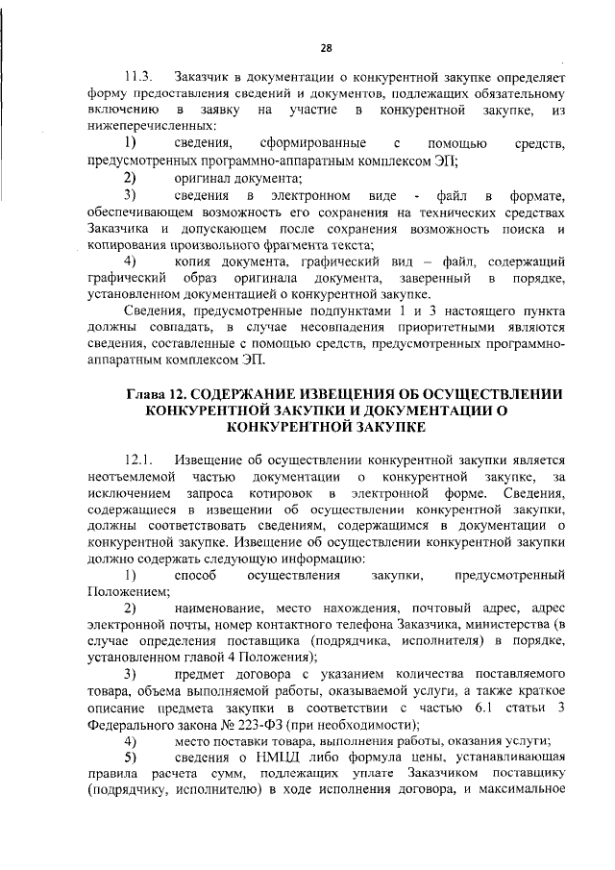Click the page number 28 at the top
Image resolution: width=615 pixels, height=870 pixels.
pos(325,48)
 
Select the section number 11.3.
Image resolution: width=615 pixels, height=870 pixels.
pos(139,75)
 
